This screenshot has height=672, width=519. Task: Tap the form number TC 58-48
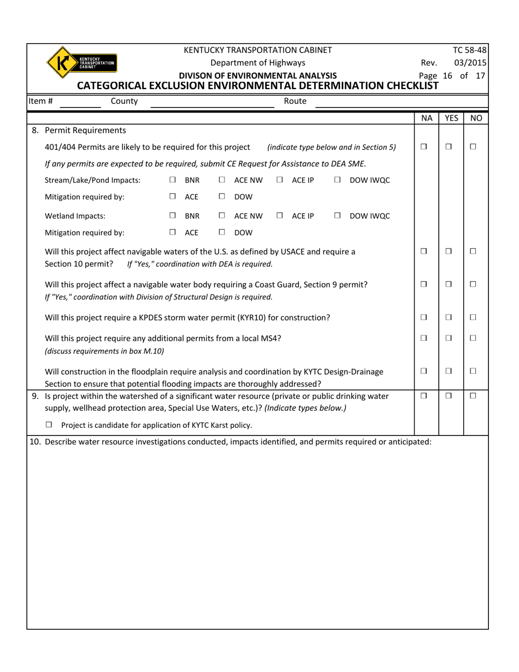point(473,50)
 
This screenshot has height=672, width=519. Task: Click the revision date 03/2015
point(473,63)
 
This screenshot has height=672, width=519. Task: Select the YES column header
point(451,118)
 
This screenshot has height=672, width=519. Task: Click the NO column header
point(476,118)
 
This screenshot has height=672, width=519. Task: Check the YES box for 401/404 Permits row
point(449,147)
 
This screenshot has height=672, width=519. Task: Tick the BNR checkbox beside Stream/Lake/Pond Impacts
point(173,180)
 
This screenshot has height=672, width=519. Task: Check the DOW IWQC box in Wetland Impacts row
point(338,216)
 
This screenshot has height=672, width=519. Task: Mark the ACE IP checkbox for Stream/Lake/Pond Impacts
point(280,180)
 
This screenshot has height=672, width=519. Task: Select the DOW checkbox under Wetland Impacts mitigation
point(222,232)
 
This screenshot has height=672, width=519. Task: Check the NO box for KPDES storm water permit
point(473,317)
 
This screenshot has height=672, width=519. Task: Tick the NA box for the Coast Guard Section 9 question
point(424,285)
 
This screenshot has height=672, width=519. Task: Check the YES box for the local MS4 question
point(449,338)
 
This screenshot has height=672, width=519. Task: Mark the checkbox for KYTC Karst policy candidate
point(49,425)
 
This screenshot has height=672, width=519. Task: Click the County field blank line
point(212,102)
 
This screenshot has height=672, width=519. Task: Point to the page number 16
point(447,75)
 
